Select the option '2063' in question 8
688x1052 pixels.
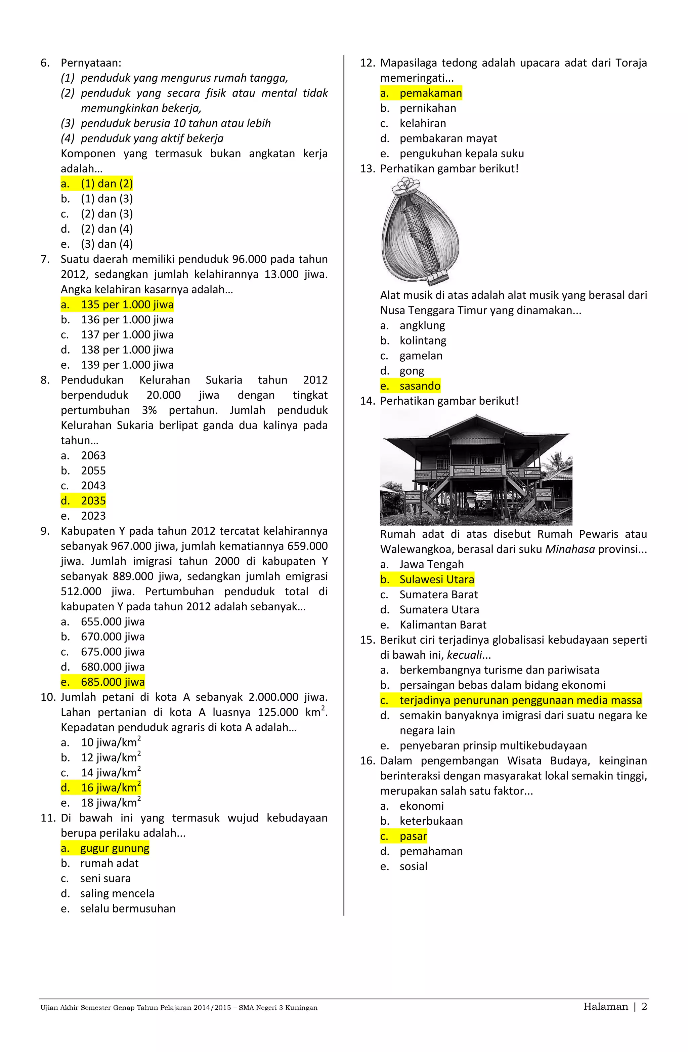click(x=93, y=455)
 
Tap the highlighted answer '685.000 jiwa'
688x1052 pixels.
click(x=113, y=682)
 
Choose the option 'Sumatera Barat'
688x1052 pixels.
click(x=438, y=595)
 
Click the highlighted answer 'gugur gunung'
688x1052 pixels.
click(x=115, y=848)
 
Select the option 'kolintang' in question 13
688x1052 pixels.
click(x=423, y=341)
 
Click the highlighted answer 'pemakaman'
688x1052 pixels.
click(x=430, y=93)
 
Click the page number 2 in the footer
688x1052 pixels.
click(x=644, y=1007)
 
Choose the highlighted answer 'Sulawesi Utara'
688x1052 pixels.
click(x=437, y=579)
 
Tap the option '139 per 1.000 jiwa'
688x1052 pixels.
click(x=127, y=365)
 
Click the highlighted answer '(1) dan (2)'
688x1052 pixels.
click(x=106, y=184)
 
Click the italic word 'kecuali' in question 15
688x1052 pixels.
click(x=464, y=655)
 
